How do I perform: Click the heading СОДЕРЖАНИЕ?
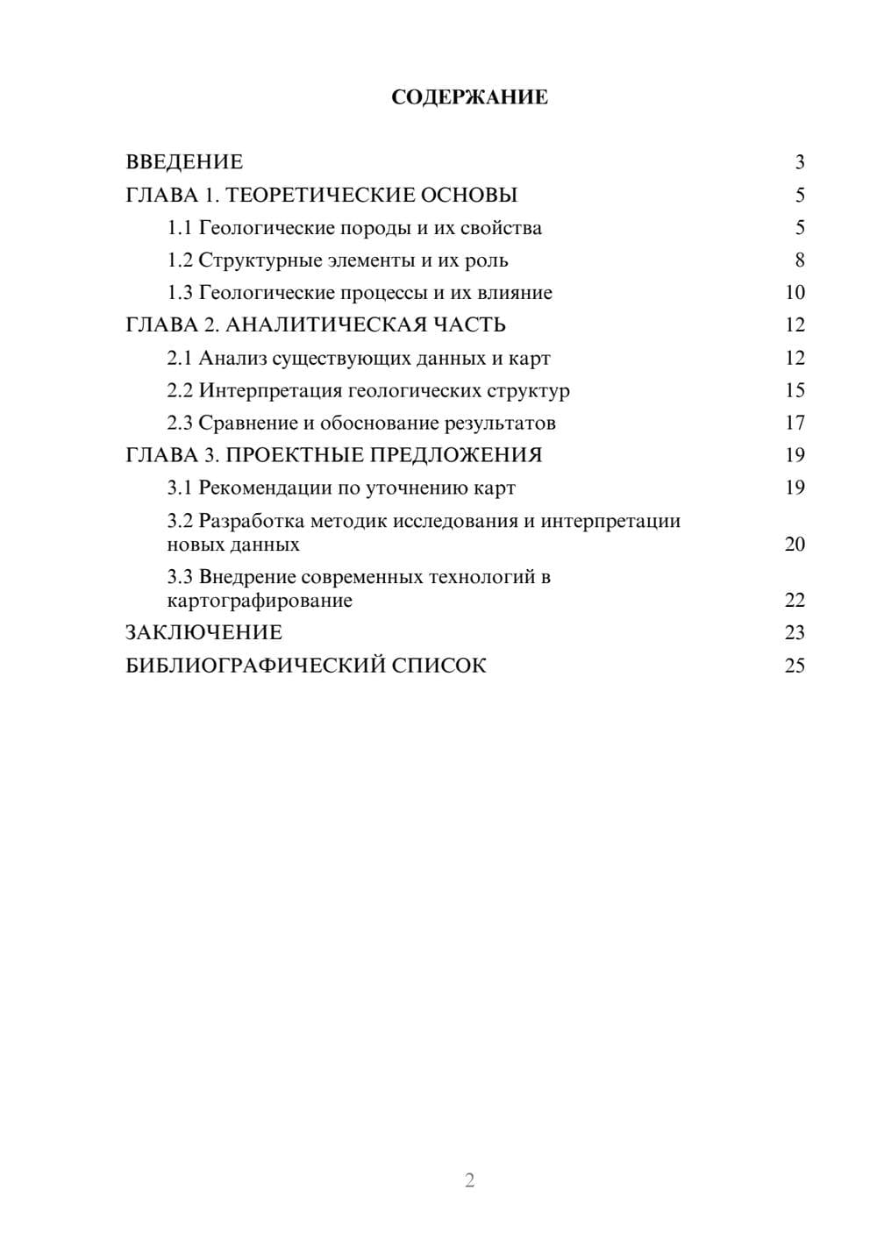point(469,97)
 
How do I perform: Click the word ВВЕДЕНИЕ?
point(184,162)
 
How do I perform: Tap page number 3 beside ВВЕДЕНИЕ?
point(799,162)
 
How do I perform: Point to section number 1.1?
point(180,228)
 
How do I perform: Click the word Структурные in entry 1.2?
point(248,260)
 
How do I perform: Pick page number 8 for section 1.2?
point(799,260)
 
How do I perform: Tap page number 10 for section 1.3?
point(795,293)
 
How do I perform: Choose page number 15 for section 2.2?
point(795,390)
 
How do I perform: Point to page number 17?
point(795,423)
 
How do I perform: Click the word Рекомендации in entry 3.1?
point(266,488)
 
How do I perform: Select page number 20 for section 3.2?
point(795,545)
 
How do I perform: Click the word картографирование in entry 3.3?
point(260,601)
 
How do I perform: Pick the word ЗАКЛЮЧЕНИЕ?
point(203,633)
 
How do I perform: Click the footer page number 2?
point(469,1180)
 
